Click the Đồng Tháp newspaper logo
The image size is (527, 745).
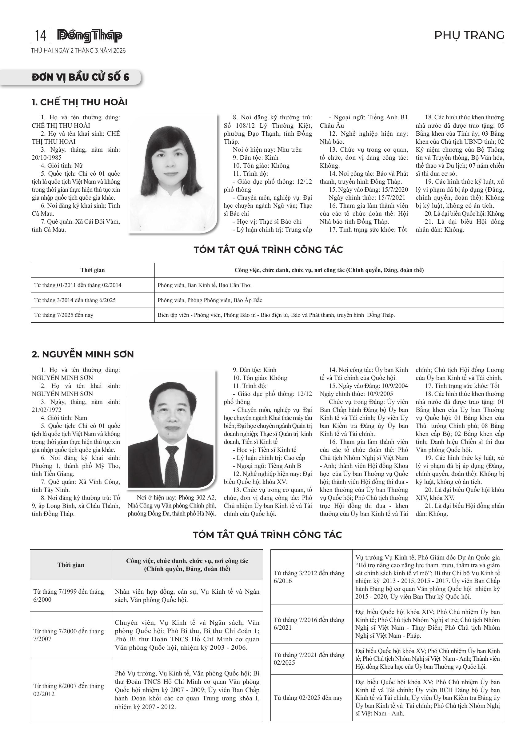90,36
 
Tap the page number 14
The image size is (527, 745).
40,36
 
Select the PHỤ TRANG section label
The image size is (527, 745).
469,35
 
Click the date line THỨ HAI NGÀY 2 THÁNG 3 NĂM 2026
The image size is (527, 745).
78,51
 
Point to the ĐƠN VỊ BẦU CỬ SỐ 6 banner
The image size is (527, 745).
81,77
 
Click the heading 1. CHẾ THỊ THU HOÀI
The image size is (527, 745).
79,102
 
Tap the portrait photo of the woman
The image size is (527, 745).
172,173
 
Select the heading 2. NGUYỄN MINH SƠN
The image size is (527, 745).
83,354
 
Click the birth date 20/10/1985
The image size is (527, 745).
47,158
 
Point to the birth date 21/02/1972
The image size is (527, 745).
47,410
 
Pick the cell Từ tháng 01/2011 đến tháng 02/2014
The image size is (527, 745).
78,285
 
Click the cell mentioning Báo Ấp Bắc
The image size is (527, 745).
211,300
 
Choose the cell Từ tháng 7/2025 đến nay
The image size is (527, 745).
64,315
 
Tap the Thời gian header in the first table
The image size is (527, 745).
93,270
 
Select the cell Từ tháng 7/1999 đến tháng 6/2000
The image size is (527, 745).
69,596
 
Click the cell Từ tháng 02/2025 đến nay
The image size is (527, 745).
308,698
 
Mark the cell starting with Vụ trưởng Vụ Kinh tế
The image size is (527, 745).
427,577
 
